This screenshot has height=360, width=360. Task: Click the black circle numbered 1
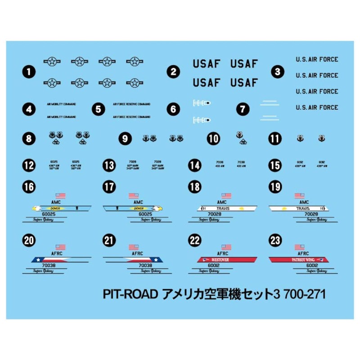point(29,71)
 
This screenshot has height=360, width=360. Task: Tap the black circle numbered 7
point(243,109)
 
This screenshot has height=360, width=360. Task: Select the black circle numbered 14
point(195,165)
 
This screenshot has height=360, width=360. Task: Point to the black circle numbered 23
point(275,241)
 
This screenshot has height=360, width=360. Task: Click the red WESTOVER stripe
point(227,260)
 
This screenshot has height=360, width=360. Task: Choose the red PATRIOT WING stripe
point(299,260)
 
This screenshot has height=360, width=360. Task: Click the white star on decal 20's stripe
point(37,260)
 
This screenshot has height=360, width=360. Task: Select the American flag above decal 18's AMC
point(226,196)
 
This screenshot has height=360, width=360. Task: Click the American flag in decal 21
point(134,247)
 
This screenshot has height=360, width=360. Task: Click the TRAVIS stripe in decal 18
point(227,208)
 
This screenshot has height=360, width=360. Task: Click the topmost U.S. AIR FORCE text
point(317,59)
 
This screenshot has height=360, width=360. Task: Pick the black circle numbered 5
point(98,109)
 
